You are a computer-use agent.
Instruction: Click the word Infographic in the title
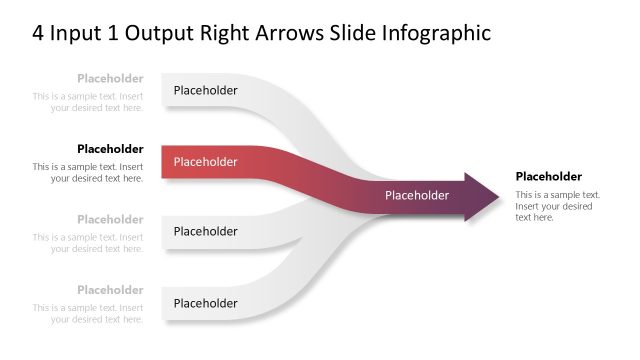(436, 33)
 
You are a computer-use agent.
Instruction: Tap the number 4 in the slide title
(38, 33)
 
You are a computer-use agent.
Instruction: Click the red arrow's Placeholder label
(205, 162)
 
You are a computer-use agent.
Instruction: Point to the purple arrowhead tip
(496, 195)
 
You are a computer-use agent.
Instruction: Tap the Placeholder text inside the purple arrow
(417, 195)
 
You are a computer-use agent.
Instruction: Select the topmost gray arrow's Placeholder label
(205, 90)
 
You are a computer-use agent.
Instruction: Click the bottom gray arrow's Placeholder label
(205, 303)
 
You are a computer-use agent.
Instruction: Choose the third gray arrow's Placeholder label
(205, 231)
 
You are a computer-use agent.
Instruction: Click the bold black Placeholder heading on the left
(110, 149)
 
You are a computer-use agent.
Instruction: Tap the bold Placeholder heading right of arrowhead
(548, 176)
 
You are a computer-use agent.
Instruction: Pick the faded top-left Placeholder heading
(110, 78)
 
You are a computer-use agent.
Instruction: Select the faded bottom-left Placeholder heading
(110, 290)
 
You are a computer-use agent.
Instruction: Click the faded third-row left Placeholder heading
(110, 219)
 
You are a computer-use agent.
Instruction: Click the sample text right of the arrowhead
(557, 205)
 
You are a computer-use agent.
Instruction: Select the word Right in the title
(278, 33)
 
